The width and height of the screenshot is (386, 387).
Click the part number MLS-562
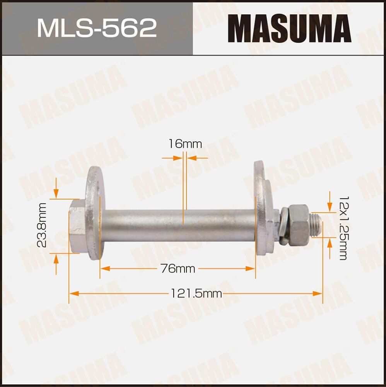coord(97,28)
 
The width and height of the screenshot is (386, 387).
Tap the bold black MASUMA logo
coord(289,28)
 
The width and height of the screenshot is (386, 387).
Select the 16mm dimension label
coord(185,144)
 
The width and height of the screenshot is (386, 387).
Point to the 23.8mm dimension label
coord(42,225)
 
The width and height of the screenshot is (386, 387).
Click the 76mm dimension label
coord(178,269)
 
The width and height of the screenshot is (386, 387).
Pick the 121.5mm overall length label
coord(196,294)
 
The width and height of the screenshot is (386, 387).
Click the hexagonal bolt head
coord(77,225)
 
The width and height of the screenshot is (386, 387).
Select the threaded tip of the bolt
coord(316,225)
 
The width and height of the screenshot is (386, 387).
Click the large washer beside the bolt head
coord(94,213)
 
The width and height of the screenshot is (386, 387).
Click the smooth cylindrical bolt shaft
coord(178,225)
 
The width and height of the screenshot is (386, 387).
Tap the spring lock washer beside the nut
coord(284,226)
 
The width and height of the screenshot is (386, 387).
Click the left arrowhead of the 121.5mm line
coord(72,294)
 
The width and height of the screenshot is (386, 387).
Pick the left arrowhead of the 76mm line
coord(103,269)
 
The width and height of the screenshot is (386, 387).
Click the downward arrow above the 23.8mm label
coord(56,194)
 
